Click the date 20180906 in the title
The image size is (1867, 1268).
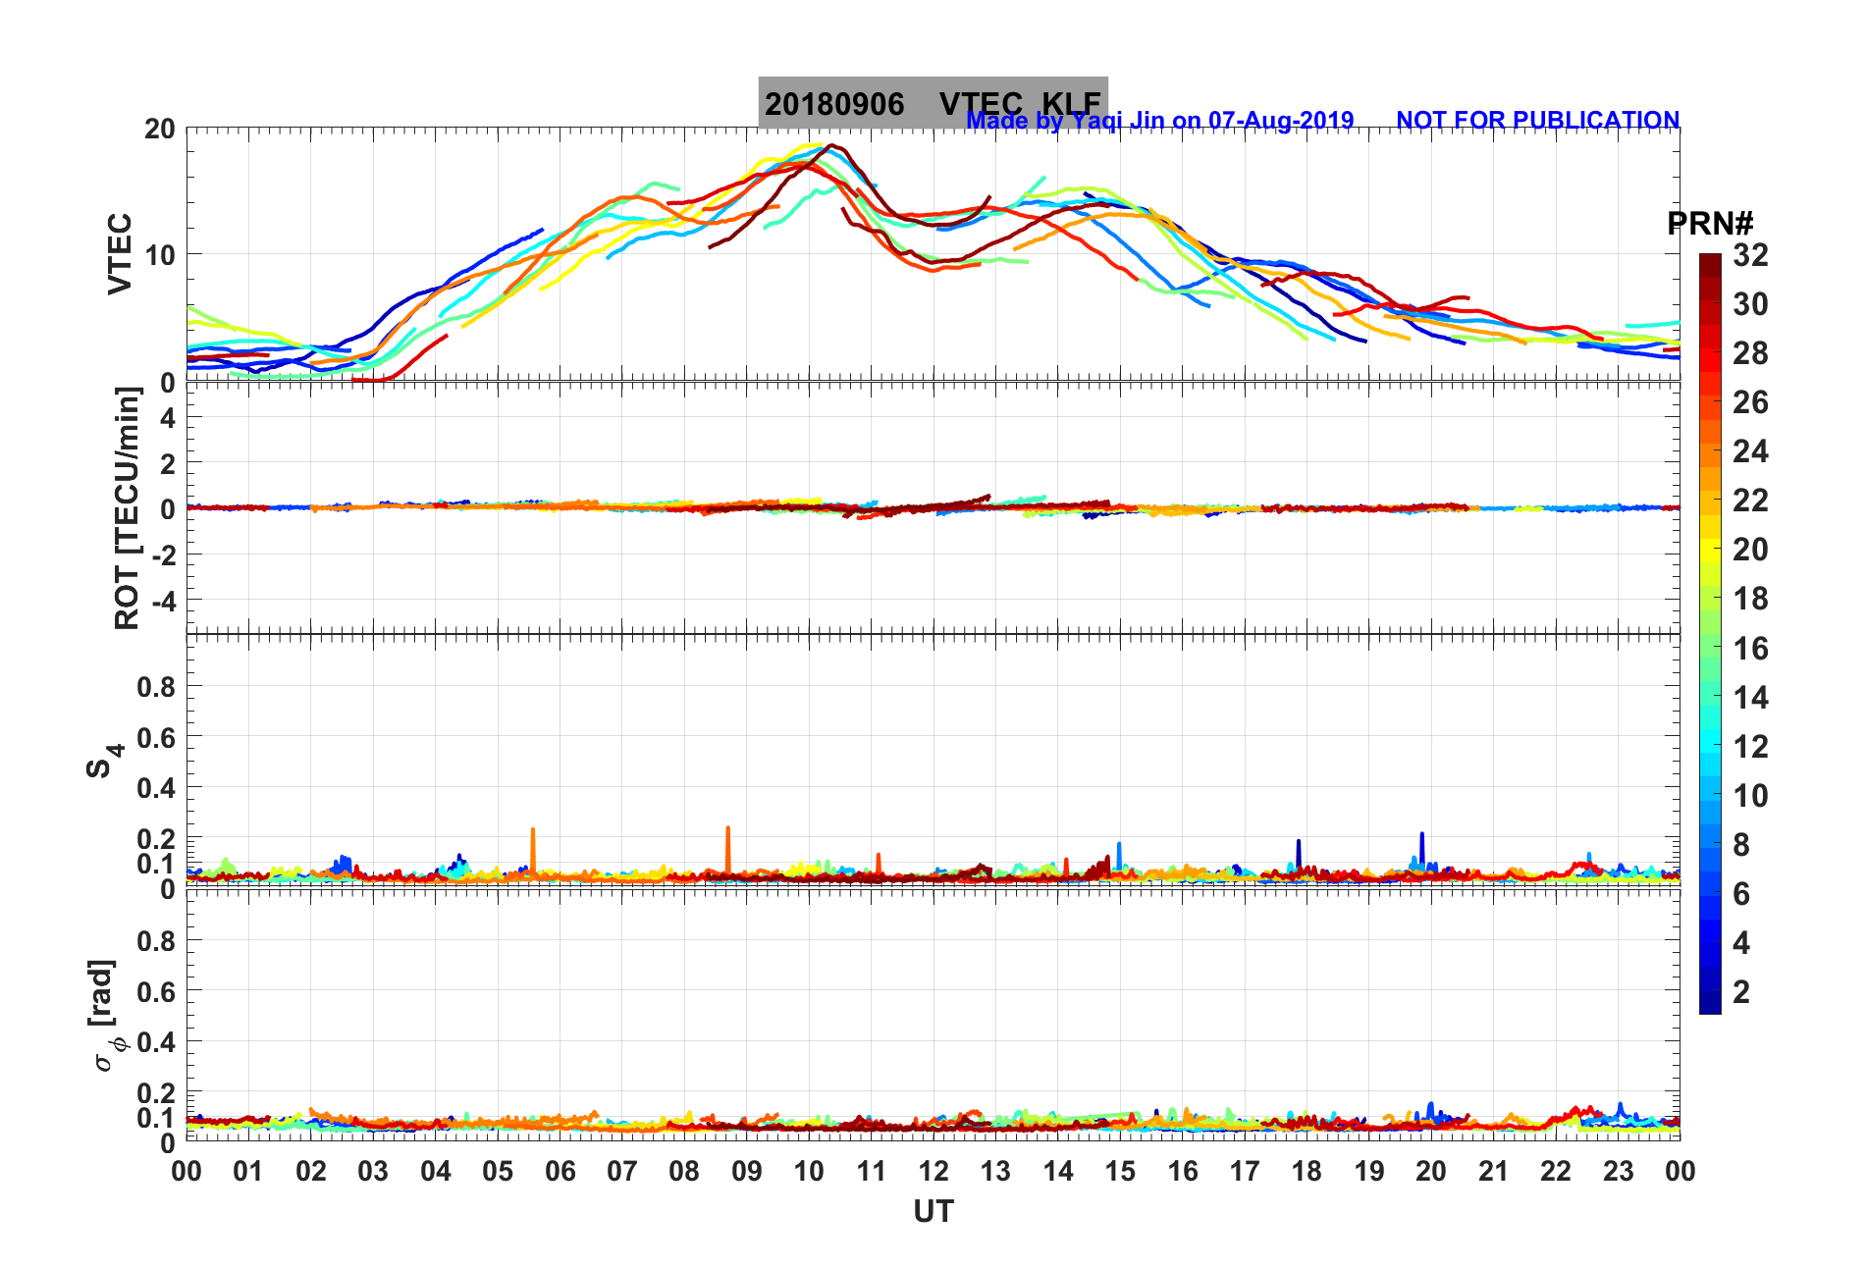pyautogui.click(x=833, y=104)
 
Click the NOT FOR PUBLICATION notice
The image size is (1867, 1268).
pyautogui.click(x=1537, y=121)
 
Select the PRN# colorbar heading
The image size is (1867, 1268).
pyautogui.click(x=1710, y=224)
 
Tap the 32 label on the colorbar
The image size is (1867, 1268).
pyautogui.click(x=1750, y=255)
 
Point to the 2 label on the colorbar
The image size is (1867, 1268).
pyautogui.click(x=1741, y=992)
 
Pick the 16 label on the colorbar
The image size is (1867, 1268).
pyautogui.click(x=1750, y=649)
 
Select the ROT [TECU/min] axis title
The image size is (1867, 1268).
pyautogui.click(x=127, y=508)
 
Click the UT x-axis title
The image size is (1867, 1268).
pyautogui.click(x=933, y=1212)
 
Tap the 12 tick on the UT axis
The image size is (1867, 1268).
pyautogui.click(x=933, y=1172)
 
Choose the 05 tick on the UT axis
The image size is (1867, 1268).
pyautogui.click(x=498, y=1172)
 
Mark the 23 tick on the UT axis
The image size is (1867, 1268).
pyautogui.click(x=1618, y=1172)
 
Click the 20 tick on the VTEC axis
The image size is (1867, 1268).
pyautogui.click(x=159, y=130)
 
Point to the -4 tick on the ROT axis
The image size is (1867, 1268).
pyautogui.click(x=161, y=600)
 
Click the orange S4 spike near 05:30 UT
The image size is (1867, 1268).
pyautogui.click(x=533, y=844)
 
